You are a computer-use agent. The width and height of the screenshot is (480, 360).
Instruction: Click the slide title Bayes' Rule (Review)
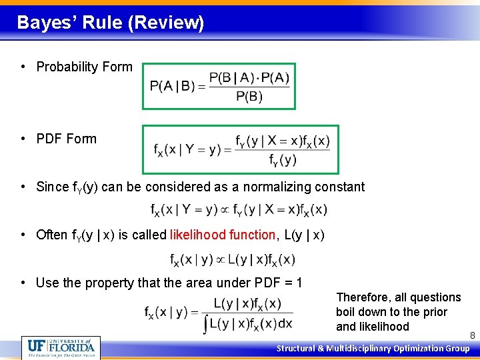pyautogui.click(x=110, y=23)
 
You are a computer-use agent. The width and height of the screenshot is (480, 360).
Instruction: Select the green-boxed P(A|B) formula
pyautogui.click(x=219, y=86)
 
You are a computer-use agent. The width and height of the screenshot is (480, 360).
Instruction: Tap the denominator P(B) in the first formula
pyautogui.click(x=249, y=97)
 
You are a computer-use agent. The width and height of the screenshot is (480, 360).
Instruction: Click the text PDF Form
pyautogui.click(x=66, y=139)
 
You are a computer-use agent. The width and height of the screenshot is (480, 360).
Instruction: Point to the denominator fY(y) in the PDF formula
pyautogui.click(x=283, y=160)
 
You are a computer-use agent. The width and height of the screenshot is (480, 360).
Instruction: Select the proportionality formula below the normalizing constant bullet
pyautogui.click(x=239, y=209)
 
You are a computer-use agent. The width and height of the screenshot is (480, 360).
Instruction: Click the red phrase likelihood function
pyautogui.click(x=223, y=235)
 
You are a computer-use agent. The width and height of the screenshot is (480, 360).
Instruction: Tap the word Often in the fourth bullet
pyautogui.click(x=52, y=235)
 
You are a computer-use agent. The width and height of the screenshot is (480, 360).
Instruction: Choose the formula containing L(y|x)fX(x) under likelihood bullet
pyautogui.click(x=233, y=259)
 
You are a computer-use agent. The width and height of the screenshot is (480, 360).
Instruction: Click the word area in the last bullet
pyautogui.click(x=182, y=283)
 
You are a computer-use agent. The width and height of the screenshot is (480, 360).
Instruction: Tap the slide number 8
pyautogui.click(x=472, y=335)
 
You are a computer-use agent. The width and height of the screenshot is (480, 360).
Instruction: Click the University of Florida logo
pyautogui.click(x=61, y=347)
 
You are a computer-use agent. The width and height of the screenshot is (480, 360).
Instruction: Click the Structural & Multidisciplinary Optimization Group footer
pyautogui.click(x=373, y=348)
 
